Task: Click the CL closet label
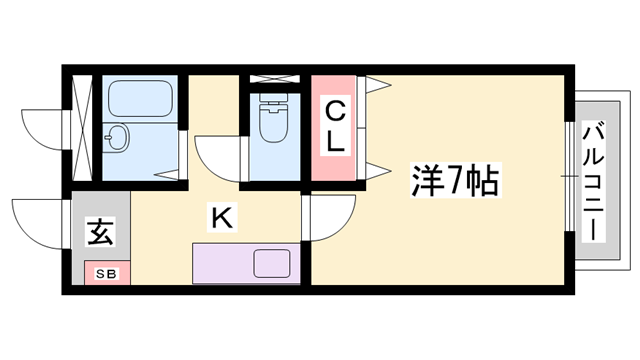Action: [335, 126]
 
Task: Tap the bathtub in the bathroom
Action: [140, 98]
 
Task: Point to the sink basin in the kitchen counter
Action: [272, 264]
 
